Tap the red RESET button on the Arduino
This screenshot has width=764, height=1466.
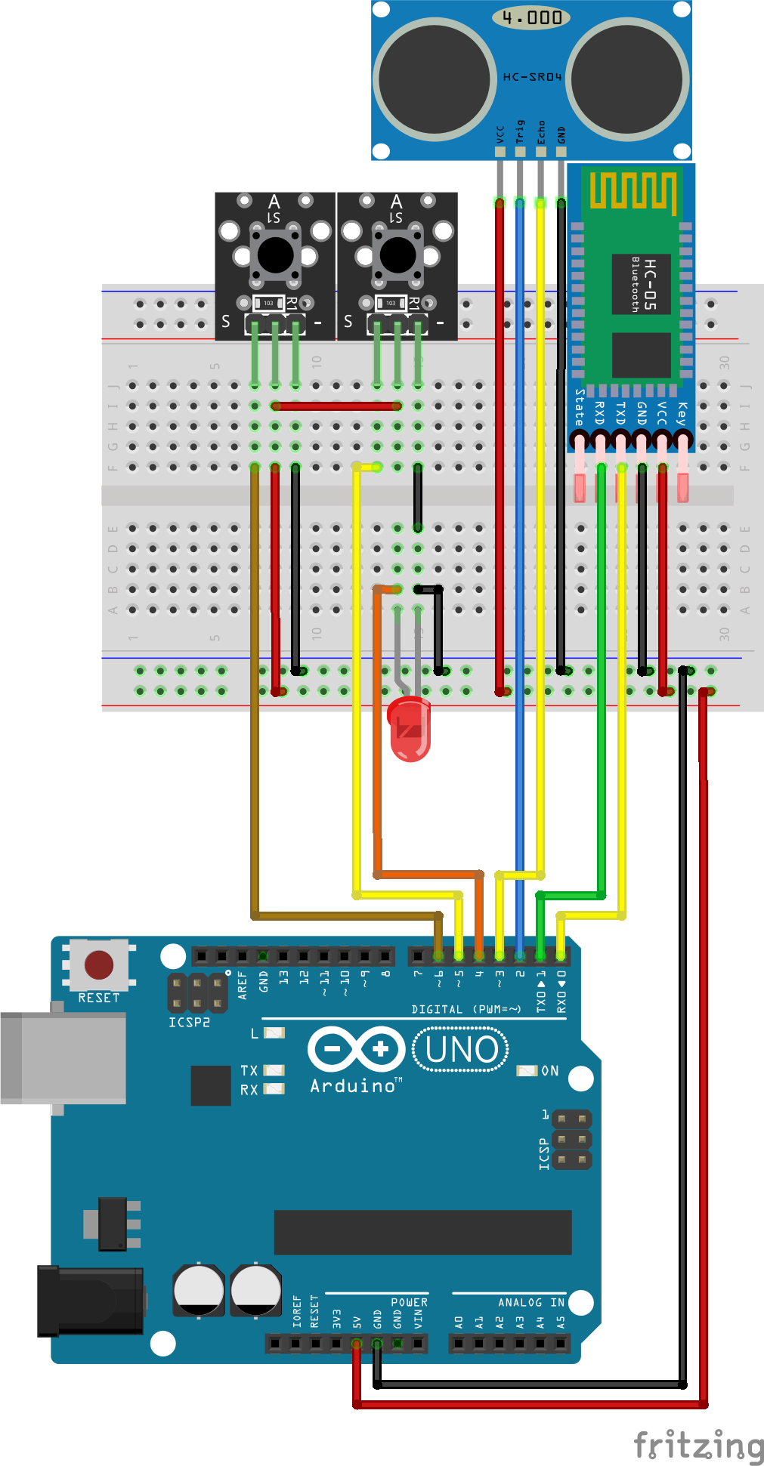pyautogui.click(x=99, y=964)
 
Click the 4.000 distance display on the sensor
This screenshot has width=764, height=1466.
pyautogui.click(x=531, y=17)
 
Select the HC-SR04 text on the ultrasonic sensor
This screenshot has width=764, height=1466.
pyautogui.click(x=532, y=77)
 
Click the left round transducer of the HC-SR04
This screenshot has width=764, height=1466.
pyautogui.click(x=434, y=79)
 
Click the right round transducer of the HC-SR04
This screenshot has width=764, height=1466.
pyautogui.click(x=628, y=79)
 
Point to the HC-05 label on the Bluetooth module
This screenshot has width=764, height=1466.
pyautogui.click(x=649, y=283)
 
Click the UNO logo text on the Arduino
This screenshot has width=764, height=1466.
pyautogui.click(x=461, y=1050)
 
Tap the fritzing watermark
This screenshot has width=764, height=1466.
pyautogui.click(x=698, y=1444)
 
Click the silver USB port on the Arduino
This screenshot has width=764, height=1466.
pyautogui.click(x=63, y=1058)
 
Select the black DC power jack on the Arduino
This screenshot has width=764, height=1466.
pyautogui.click(x=91, y=1301)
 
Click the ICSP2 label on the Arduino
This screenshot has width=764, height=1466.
pyautogui.click(x=189, y=1023)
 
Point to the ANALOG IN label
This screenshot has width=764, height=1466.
pyautogui.click(x=530, y=1302)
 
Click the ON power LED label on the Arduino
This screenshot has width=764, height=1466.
pyautogui.click(x=549, y=1071)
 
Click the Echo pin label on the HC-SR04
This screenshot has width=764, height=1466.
pyautogui.click(x=541, y=132)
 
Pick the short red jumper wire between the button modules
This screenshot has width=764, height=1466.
pyautogui.click(x=336, y=406)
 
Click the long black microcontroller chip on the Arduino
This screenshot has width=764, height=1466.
pyautogui.click(x=422, y=1232)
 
